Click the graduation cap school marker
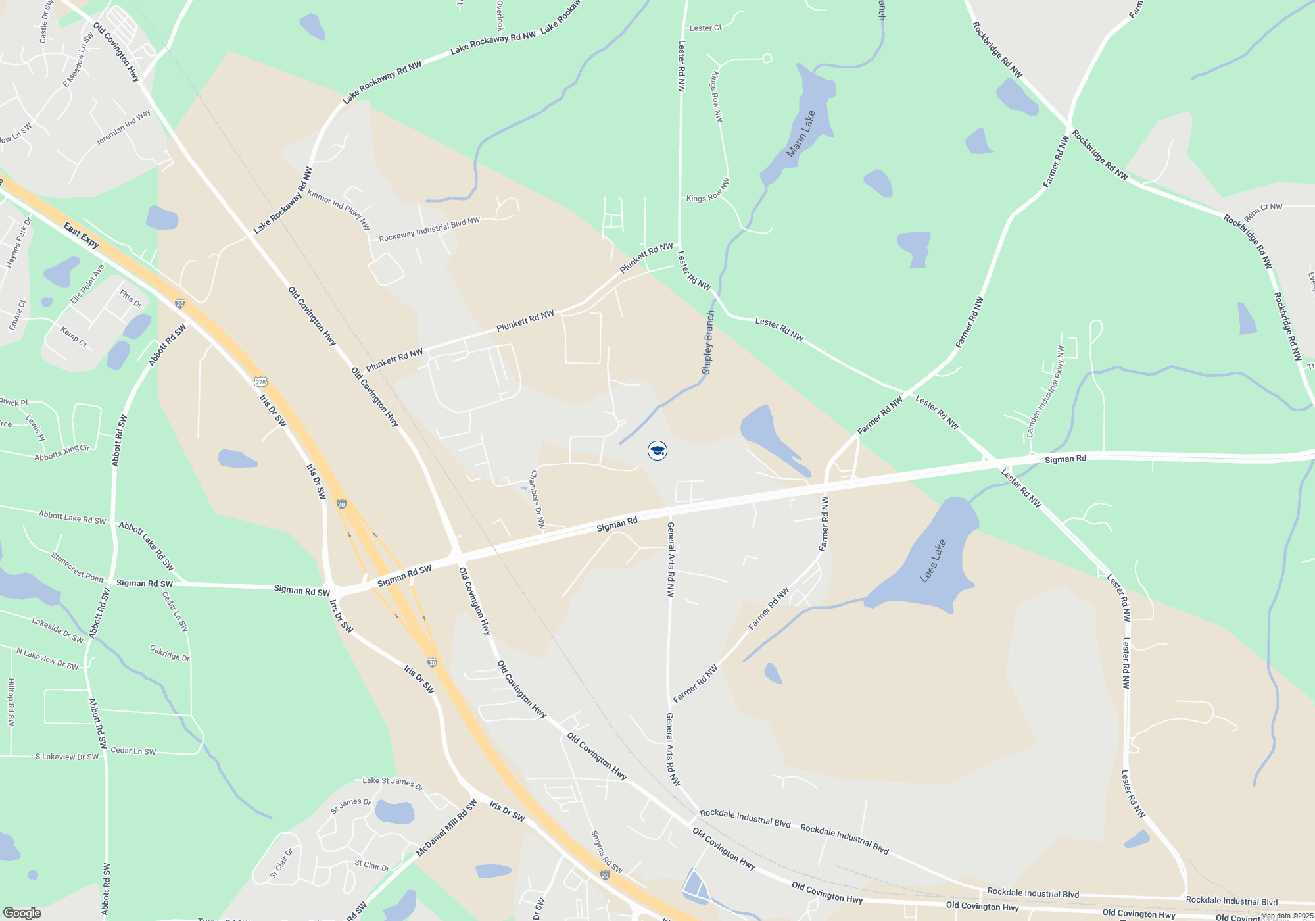pos(657,451)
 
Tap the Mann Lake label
pos(801,134)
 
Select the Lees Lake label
pos(933,560)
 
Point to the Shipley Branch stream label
pos(708,343)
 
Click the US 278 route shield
pos(261,382)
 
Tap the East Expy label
pos(82,235)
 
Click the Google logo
pos(22,912)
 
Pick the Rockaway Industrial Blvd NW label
pos(429,229)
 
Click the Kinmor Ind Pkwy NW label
pos(339,209)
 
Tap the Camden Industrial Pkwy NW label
pos(1045,391)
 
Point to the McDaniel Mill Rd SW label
pos(446,828)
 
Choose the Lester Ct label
pos(705,28)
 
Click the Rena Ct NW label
pos(1262,211)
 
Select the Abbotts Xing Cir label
pos(62,453)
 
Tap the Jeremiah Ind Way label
pos(123,127)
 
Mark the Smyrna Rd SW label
pos(606,852)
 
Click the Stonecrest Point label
pos(78,567)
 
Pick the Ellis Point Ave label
pos(87,284)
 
